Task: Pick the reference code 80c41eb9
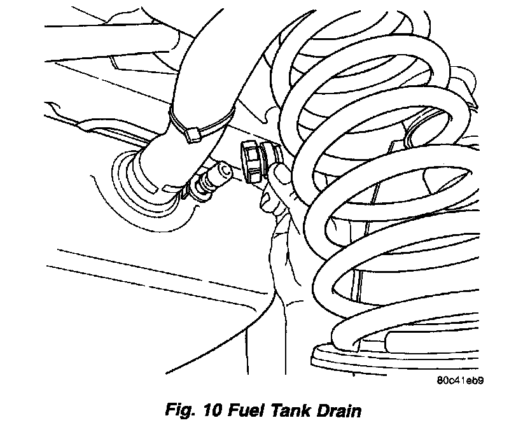(460, 382)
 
